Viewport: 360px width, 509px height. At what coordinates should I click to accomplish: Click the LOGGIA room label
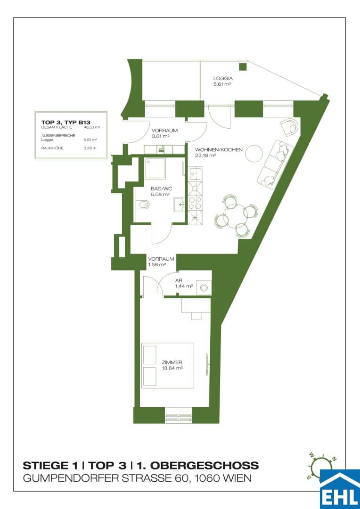click(223, 78)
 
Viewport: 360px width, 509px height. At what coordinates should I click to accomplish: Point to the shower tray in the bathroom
click(155, 168)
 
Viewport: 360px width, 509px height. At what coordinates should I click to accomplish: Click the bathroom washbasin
click(180, 205)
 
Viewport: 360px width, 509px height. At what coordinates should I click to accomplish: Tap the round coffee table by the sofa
click(254, 153)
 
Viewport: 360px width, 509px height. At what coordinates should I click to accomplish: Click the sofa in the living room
click(275, 164)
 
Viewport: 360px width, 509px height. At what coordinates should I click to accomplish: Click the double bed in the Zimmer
click(167, 366)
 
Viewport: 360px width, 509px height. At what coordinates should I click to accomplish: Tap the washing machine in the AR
click(205, 287)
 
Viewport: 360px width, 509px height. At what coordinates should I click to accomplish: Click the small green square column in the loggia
click(243, 67)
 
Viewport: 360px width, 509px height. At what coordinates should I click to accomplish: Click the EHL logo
click(340, 489)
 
